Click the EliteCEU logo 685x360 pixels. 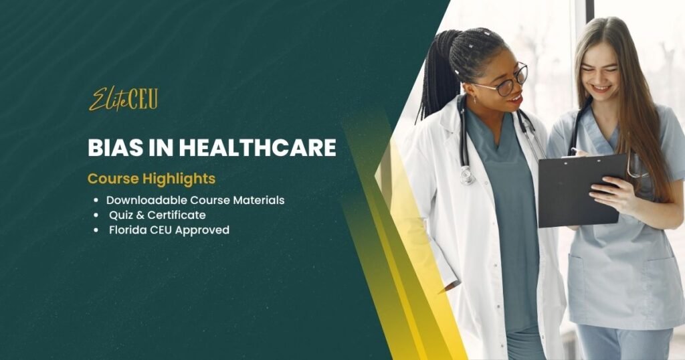pos(123,99)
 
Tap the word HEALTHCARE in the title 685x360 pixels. pos(258,148)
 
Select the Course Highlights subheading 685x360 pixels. pos(151,178)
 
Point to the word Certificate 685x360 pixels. pos(177,215)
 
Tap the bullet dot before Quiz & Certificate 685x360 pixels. pos(96,215)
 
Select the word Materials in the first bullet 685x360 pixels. pos(259,200)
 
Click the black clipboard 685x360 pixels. pos(583,190)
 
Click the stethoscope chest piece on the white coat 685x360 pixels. pos(466,175)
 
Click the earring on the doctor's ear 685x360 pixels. pos(475,100)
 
